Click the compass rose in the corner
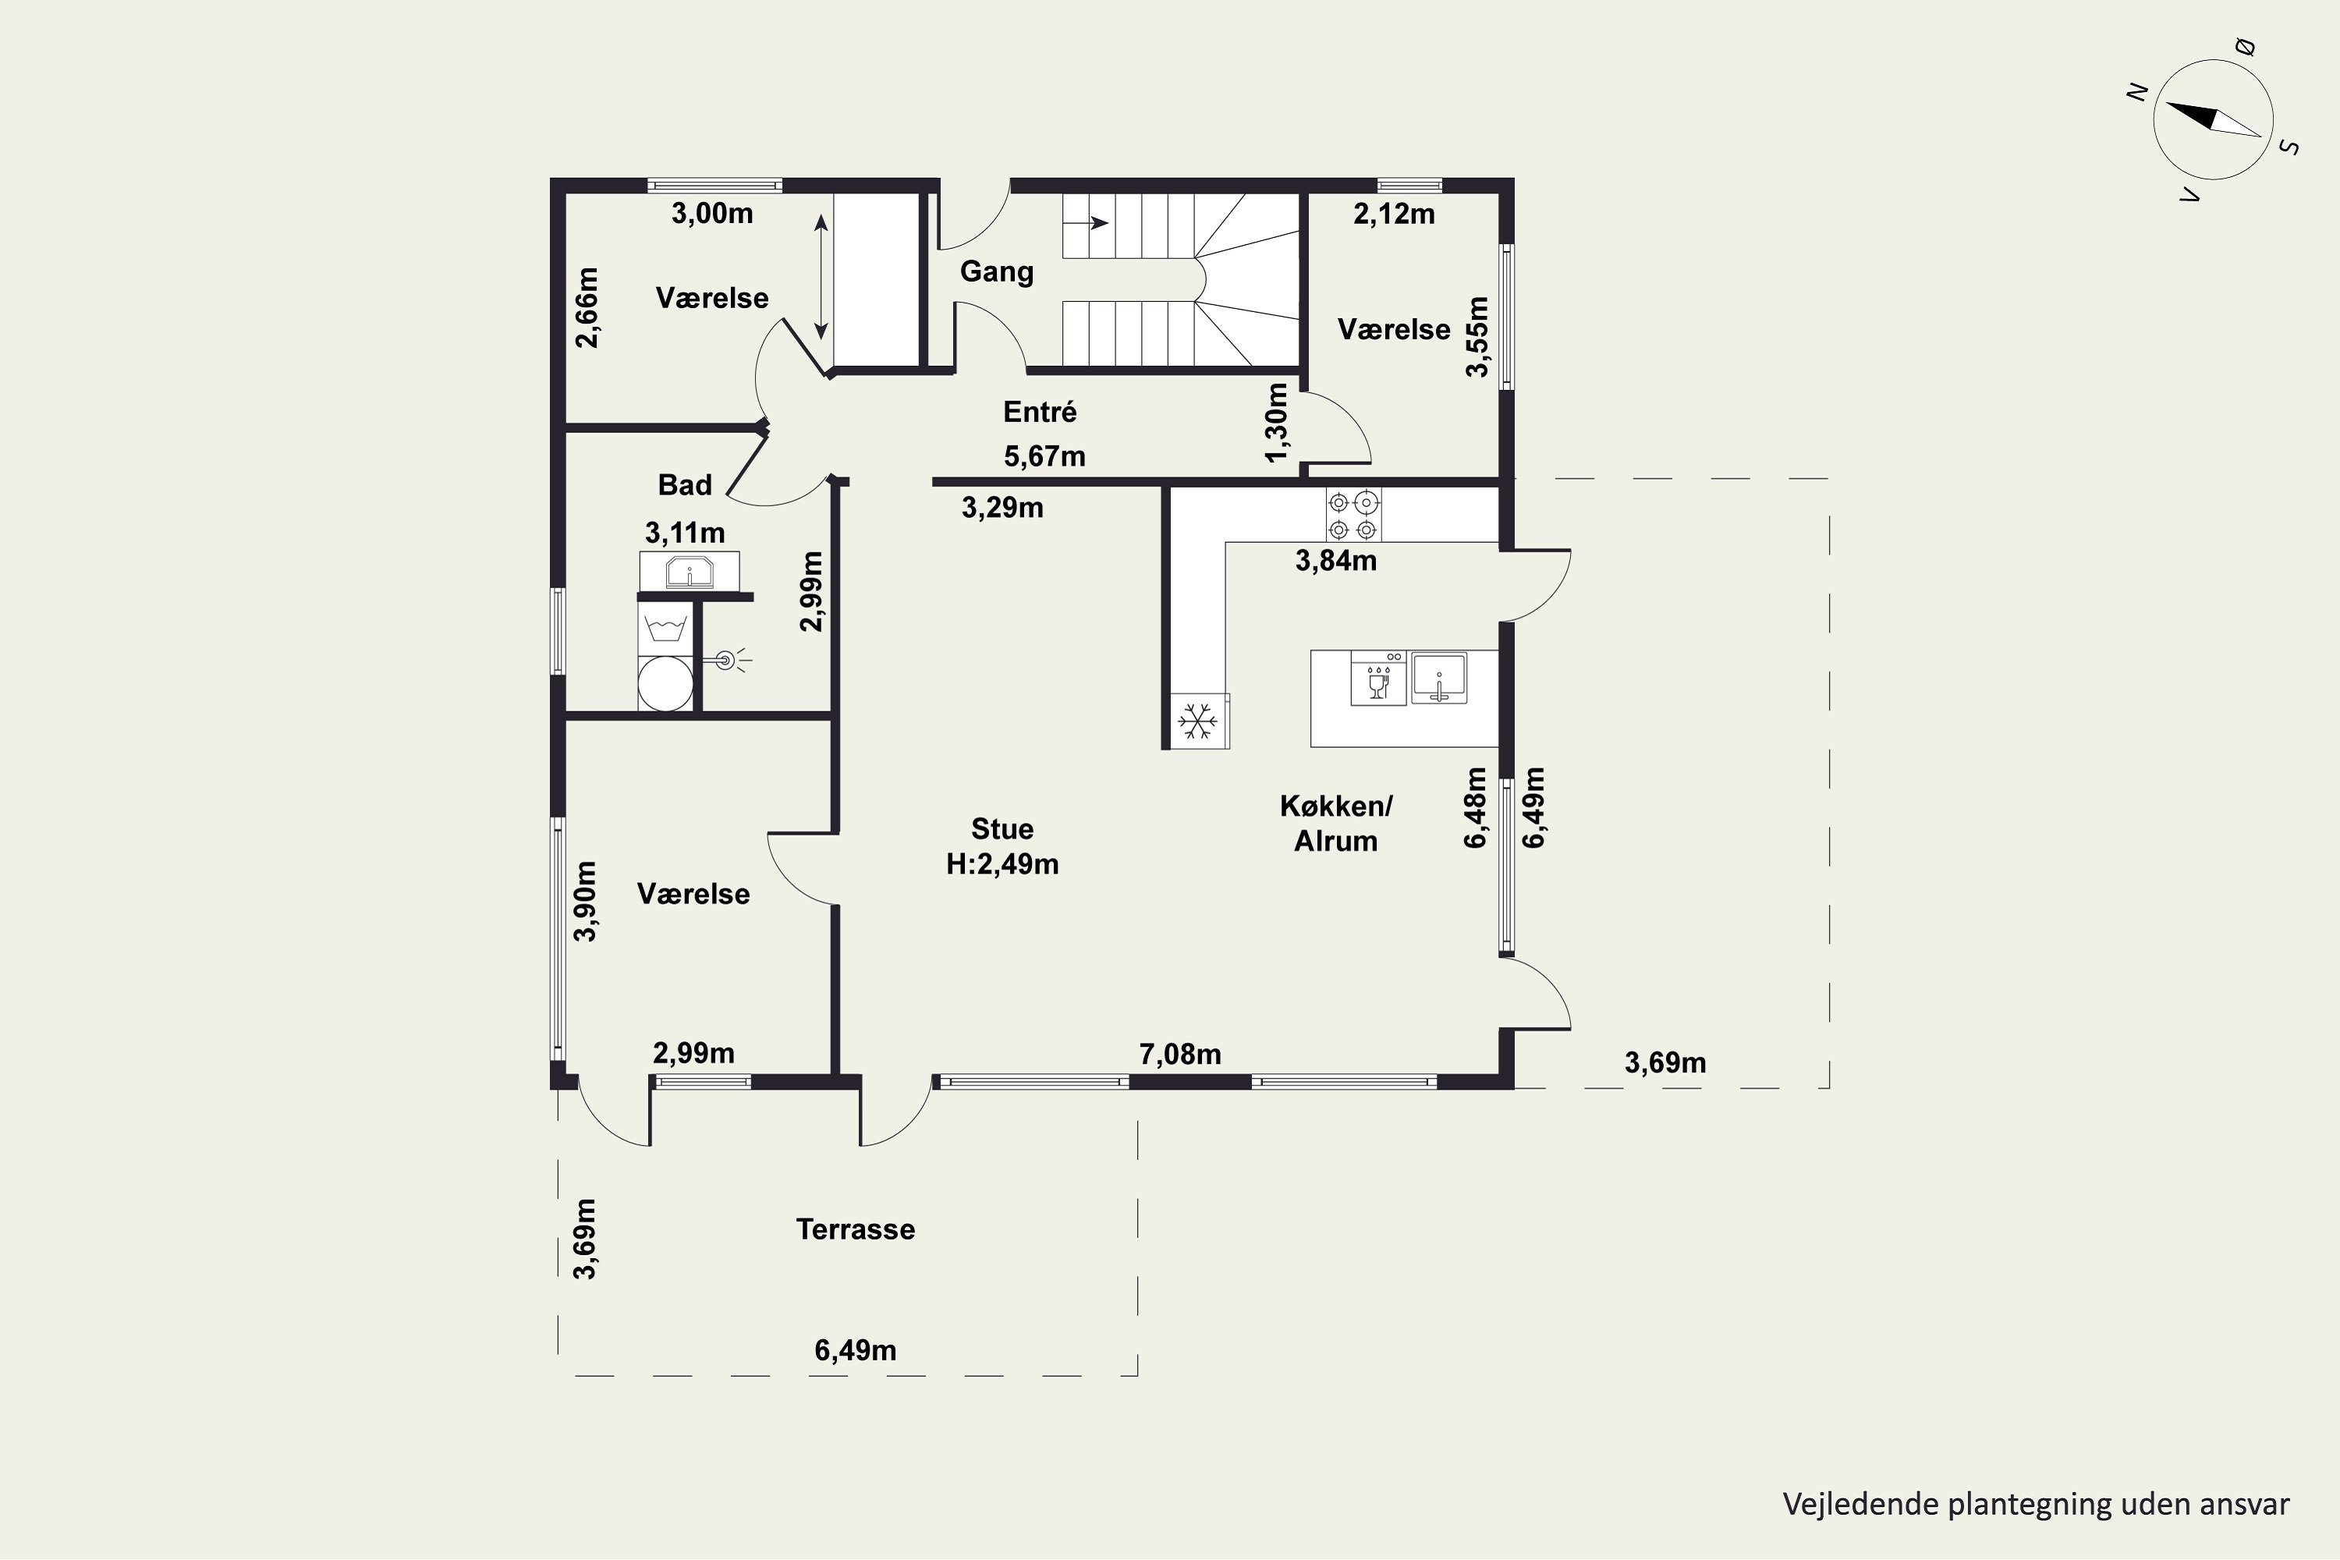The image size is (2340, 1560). pyautogui.click(x=2213, y=119)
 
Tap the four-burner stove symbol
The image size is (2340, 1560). pyautogui.click(x=1353, y=514)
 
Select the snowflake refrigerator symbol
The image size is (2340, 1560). pyautogui.click(x=1198, y=720)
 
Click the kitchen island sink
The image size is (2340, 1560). pyautogui.click(x=1438, y=679)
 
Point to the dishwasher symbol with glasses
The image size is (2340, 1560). pyautogui.click(x=1378, y=679)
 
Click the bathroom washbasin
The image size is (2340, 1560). pyautogui.click(x=689, y=571)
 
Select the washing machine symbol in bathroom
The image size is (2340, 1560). pyautogui.click(x=665, y=628)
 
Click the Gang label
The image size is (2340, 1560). pyautogui.click(x=996, y=272)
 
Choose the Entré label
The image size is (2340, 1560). pyautogui.click(x=1040, y=411)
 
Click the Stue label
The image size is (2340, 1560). pyautogui.click(x=1002, y=828)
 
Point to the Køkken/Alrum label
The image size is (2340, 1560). pyautogui.click(x=1336, y=823)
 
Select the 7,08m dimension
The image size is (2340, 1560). pyautogui.click(x=1180, y=1054)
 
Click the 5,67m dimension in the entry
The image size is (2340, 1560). pyautogui.click(x=1044, y=456)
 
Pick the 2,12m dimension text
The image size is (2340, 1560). pyautogui.click(x=1394, y=214)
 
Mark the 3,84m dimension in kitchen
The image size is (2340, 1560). pyautogui.click(x=1336, y=560)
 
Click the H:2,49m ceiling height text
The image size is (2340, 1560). pyautogui.click(x=1002, y=863)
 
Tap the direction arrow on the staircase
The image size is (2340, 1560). pyautogui.click(x=1087, y=223)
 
